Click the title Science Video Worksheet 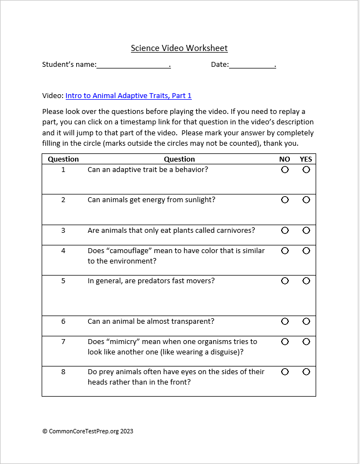pyautogui.click(x=179, y=48)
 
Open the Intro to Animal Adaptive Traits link pyautogui.click(x=128, y=96)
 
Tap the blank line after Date pyautogui.click(x=252, y=65)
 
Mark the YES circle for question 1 pyautogui.click(x=306, y=170)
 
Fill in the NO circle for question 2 pyautogui.click(x=285, y=200)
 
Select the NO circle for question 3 pyautogui.click(x=285, y=231)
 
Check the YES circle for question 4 pyautogui.click(x=306, y=251)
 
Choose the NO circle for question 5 pyautogui.click(x=285, y=281)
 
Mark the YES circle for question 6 pyautogui.click(x=306, y=322)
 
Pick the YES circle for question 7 pyautogui.click(x=306, y=342)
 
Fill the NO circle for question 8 pyautogui.click(x=285, y=372)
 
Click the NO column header pyautogui.click(x=284, y=159)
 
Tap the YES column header pyautogui.click(x=306, y=159)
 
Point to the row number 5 pyautogui.click(x=63, y=281)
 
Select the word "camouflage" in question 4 pyautogui.click(x=131, y=251)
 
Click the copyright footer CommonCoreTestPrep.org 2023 pyautogui.click(x=88, y=431)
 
